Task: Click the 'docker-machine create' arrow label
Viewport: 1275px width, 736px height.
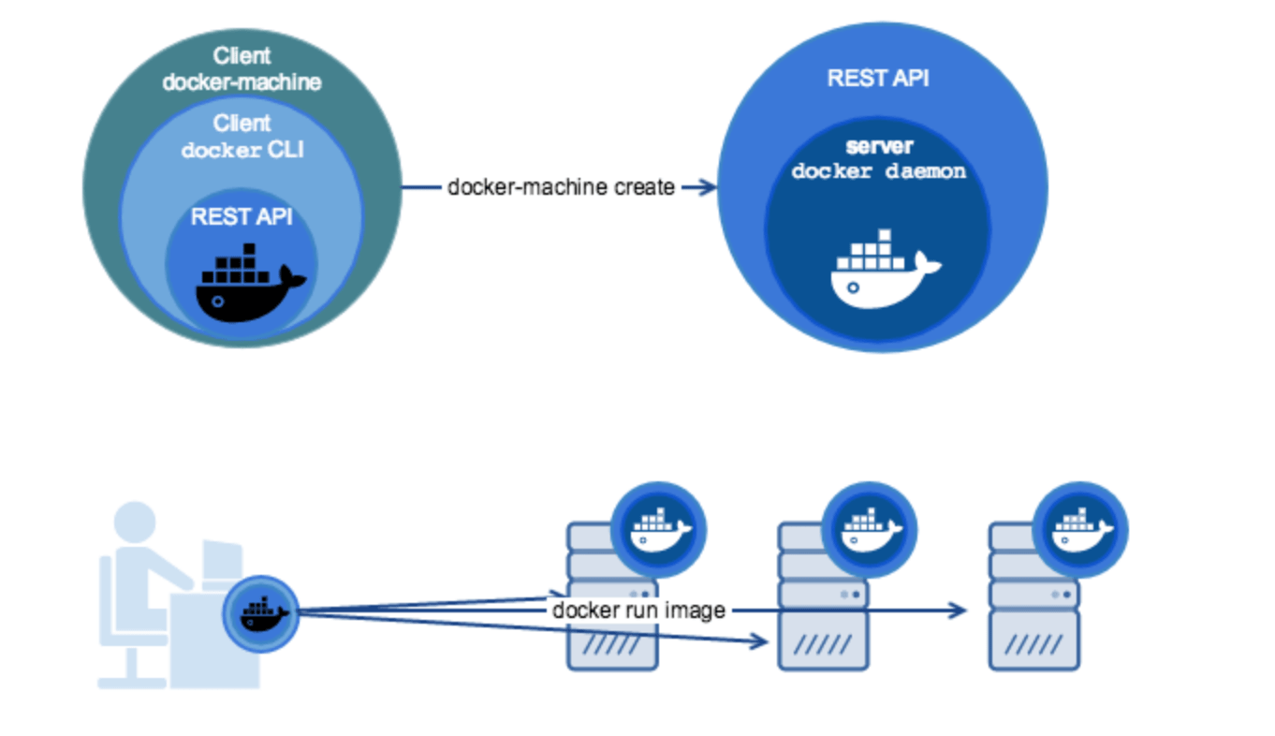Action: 561,187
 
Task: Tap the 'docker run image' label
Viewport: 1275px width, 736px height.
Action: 638,611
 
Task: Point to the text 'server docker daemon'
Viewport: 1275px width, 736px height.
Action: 878,160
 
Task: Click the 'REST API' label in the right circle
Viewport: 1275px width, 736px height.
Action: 878,78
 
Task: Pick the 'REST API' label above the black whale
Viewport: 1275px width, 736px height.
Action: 242,217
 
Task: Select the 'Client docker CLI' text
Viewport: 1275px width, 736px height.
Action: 242,137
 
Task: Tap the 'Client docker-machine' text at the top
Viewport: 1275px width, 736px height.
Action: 242,69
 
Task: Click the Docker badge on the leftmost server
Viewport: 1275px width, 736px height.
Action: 659,530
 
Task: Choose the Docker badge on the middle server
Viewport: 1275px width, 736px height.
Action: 870,530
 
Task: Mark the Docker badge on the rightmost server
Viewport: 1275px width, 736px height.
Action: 1081,530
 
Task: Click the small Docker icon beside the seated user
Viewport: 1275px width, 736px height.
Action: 261,613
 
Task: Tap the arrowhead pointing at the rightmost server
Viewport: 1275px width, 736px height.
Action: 959,611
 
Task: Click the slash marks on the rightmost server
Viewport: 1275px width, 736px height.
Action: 1033,645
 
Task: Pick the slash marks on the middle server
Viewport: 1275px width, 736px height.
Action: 823,645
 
